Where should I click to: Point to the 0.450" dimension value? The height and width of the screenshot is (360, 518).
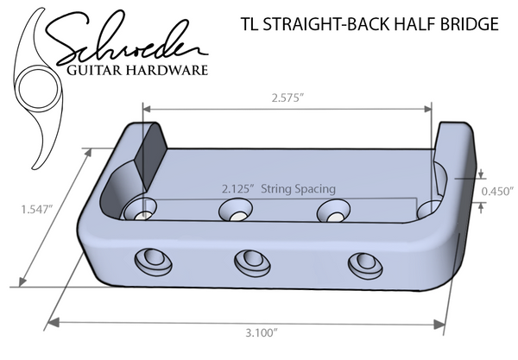[497, 190]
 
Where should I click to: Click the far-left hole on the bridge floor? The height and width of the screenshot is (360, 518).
[138, 209]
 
